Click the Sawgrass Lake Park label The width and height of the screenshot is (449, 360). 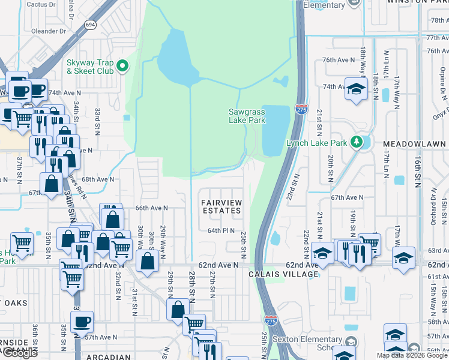[247, 115]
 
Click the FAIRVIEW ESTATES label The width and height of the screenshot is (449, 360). [221, 206]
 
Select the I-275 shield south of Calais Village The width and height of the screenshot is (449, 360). [271, 321]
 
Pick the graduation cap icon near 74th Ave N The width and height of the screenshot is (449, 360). [356, 90]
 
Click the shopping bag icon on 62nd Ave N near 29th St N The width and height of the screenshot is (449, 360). [148, 261]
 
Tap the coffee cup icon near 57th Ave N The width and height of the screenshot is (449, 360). [82, 322]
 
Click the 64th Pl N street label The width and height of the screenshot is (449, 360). [221, 230]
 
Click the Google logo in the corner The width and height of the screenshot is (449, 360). [20, 353]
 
